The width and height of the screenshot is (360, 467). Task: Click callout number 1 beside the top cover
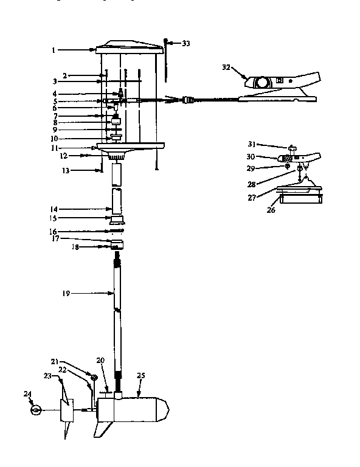54,50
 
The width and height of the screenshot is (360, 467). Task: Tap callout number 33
186,43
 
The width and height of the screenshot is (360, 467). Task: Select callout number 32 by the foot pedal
226,67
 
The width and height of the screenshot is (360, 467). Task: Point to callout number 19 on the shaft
66,293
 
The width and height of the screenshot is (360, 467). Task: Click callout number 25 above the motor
140,376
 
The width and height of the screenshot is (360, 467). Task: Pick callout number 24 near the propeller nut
27,394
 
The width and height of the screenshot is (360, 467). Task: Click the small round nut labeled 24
36,410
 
